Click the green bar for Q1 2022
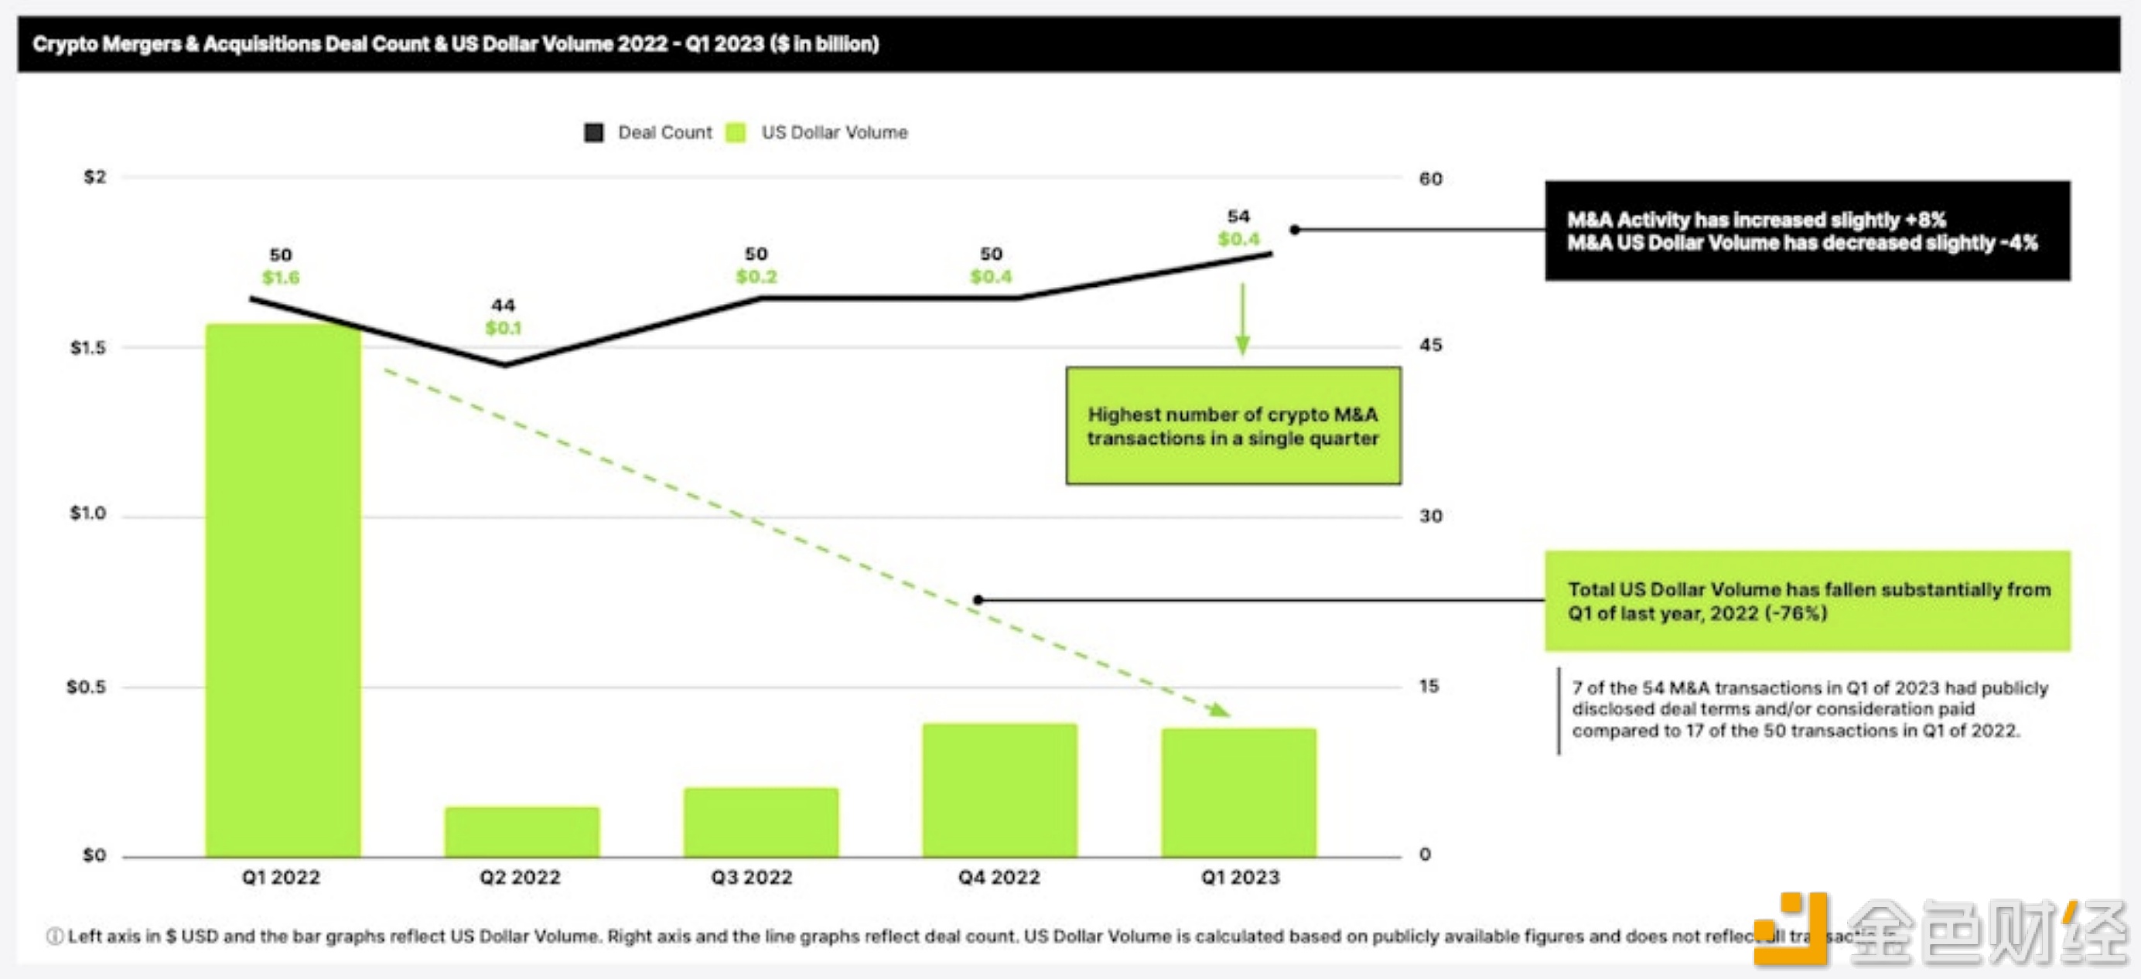(x=283, y=590)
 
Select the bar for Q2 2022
(x=522, y=831)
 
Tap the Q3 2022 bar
(x=761, y=822)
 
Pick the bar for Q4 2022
(x=1000, y=790)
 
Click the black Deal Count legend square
(x=593, y=133)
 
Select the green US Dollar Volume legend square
(x=736, y=133)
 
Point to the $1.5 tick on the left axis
(x=88, y=347)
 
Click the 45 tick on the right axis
(x=1430, y=345)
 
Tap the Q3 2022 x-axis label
(x=751, y=878)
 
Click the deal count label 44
(x=503, y=305)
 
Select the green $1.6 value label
(x=281, y=278)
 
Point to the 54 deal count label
(x=1238, y=217)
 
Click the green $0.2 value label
(x=756, y=277)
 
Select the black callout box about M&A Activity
(x=1807, y=231)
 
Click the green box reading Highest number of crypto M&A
(x=1234, y=426)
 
